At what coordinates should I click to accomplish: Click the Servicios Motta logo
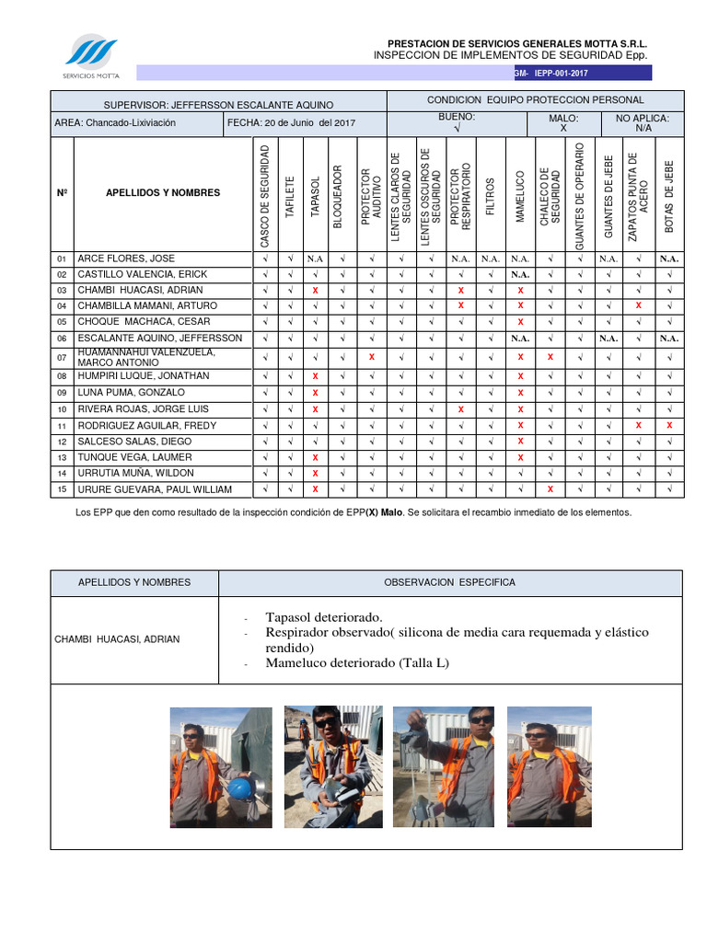(90, 56)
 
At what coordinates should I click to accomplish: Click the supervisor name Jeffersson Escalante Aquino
(218, 105)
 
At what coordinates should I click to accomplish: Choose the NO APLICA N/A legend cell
(643, 123)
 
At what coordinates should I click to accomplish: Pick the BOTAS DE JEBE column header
(669, 192)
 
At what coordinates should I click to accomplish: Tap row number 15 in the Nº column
(63, 489)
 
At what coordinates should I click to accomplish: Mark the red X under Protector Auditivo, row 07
(371, 357)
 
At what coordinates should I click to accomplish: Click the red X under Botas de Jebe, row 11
(669, 425)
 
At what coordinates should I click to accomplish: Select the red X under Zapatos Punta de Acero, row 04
(638, 305)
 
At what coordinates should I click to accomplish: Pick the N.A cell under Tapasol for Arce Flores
(315, 258)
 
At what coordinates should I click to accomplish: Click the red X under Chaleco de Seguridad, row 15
(550, 489)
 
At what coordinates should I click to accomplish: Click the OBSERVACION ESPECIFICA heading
(449, 582)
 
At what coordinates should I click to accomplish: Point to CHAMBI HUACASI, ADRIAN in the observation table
(129, 639)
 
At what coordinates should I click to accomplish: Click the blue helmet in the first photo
(240, 787)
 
